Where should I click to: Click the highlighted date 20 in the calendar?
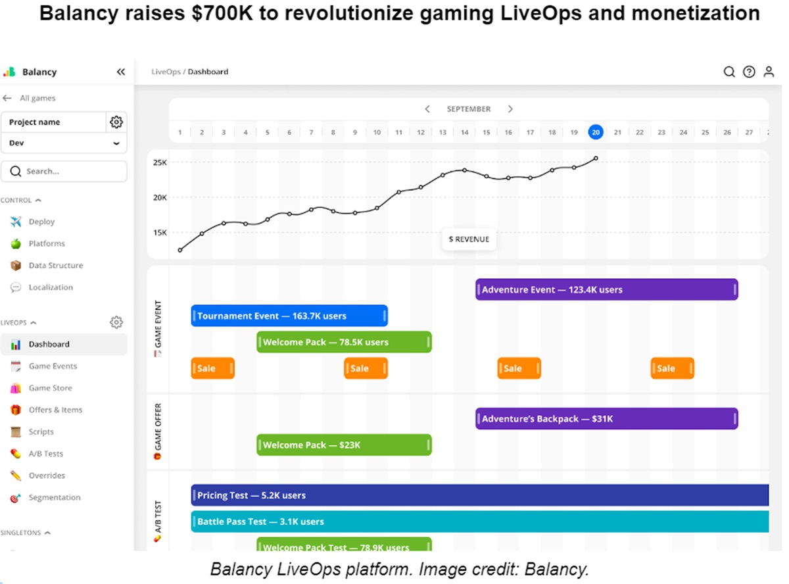click(596, 132)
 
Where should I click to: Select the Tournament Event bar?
click(289, 316)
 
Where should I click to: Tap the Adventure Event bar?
click(606, 289)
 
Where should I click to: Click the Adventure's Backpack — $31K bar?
click(606, 419)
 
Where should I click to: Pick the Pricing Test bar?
click(480, 495)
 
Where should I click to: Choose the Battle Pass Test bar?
click(480, 522)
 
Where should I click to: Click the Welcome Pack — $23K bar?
click(344, 445)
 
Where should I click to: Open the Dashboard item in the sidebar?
click(49, 344)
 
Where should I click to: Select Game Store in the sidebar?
click(50, 388)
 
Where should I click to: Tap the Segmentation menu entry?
click(54, 498)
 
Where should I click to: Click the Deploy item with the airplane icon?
click(41, 222)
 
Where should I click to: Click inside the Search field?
click(64, 172)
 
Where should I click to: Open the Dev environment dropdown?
click(64, 143)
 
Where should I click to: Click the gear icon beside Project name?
click(116, 122)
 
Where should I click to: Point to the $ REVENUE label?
click(469, 239)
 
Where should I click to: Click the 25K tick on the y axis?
click(160, 162)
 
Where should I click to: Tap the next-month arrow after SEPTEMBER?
click(510, 109)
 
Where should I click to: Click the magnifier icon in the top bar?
click(729, 72)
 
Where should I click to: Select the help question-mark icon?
click(749, 72)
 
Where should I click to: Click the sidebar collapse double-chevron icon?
click(120, 72)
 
